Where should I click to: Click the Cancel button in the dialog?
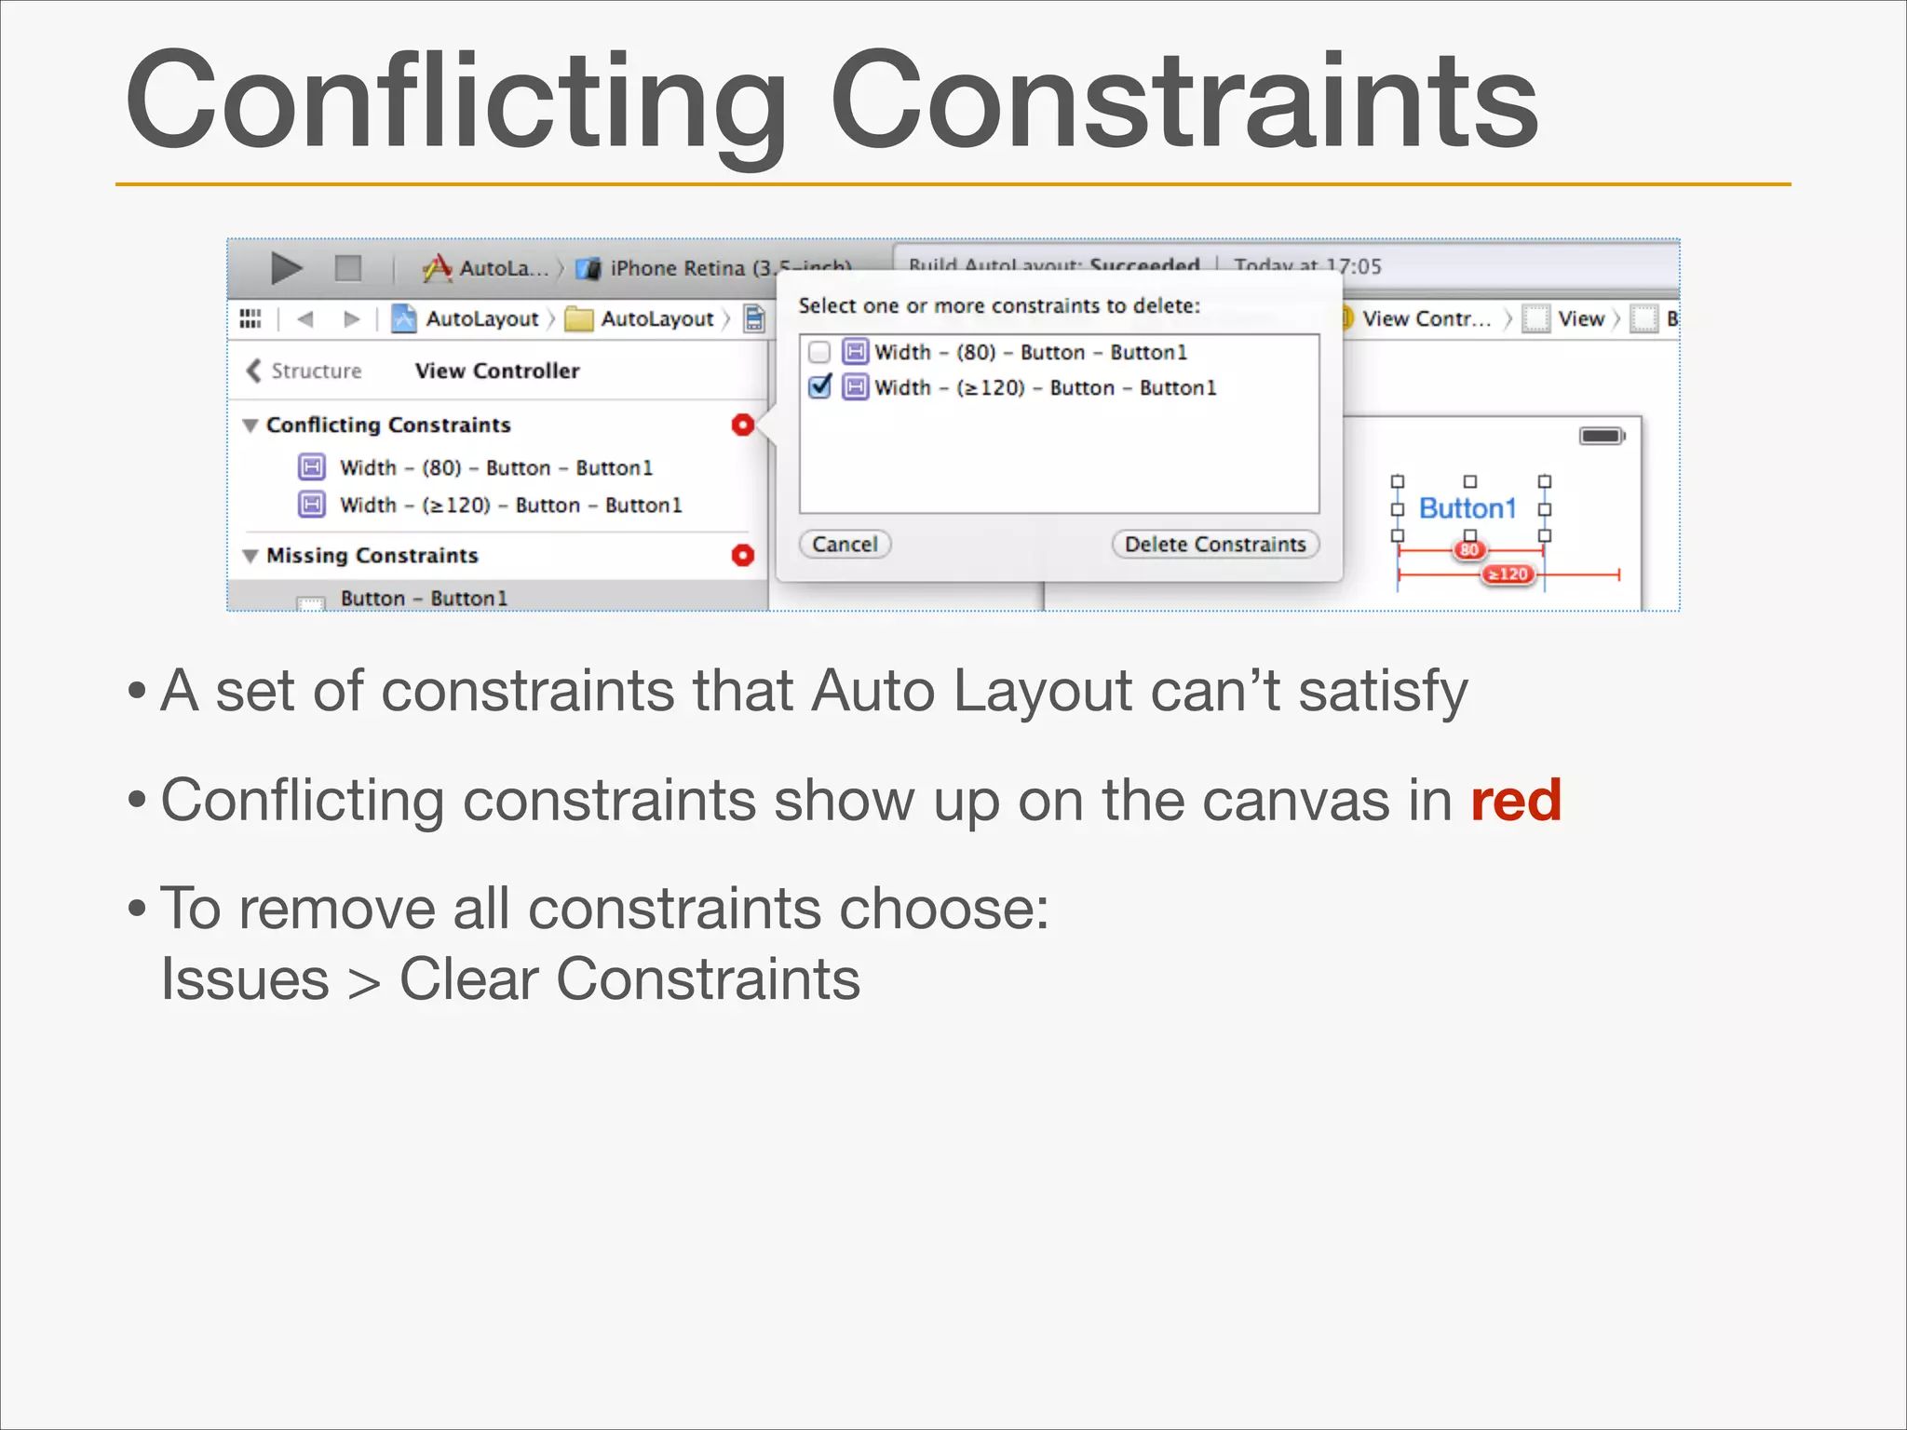tap(845, 544)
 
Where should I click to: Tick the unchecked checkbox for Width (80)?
tap(819, 352)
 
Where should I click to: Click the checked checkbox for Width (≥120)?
tap(819, 386)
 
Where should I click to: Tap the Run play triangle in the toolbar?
tap(286, 268)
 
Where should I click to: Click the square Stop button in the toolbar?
tap(348, 268)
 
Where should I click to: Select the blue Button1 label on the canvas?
tap(1467, 508)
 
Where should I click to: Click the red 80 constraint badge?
tap(1469, 550)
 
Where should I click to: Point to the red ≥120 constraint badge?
tap(1508, 574)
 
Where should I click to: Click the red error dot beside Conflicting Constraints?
tap(742, 425)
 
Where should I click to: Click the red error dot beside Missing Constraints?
tap(742, 555)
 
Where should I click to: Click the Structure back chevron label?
tap(304, 371)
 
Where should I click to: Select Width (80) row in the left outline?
tap(495, 467)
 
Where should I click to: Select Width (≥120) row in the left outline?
tap(510, 505)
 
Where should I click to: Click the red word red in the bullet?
tap(1515, 800)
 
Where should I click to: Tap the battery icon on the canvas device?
tap(1602, 436)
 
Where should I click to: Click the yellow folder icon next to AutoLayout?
tap(579, 319)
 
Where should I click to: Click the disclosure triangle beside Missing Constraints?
tap(250, 556)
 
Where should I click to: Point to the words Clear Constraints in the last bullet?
tap(629, 979)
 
